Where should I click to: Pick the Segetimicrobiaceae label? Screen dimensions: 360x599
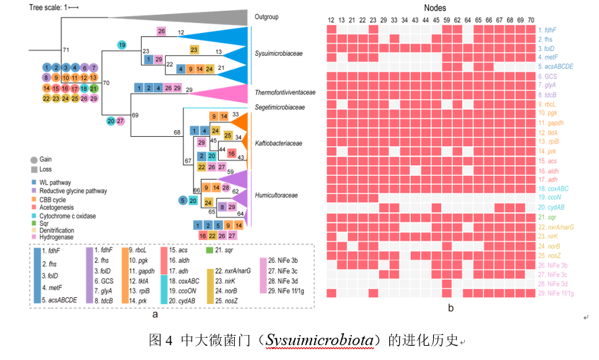point(279,107)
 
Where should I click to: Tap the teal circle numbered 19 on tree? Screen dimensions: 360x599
point(122,45)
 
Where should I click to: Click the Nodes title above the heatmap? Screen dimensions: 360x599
point(438,7)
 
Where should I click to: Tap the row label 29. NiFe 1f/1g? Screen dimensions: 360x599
point(558,293)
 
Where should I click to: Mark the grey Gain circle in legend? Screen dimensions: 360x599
point(34,159)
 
